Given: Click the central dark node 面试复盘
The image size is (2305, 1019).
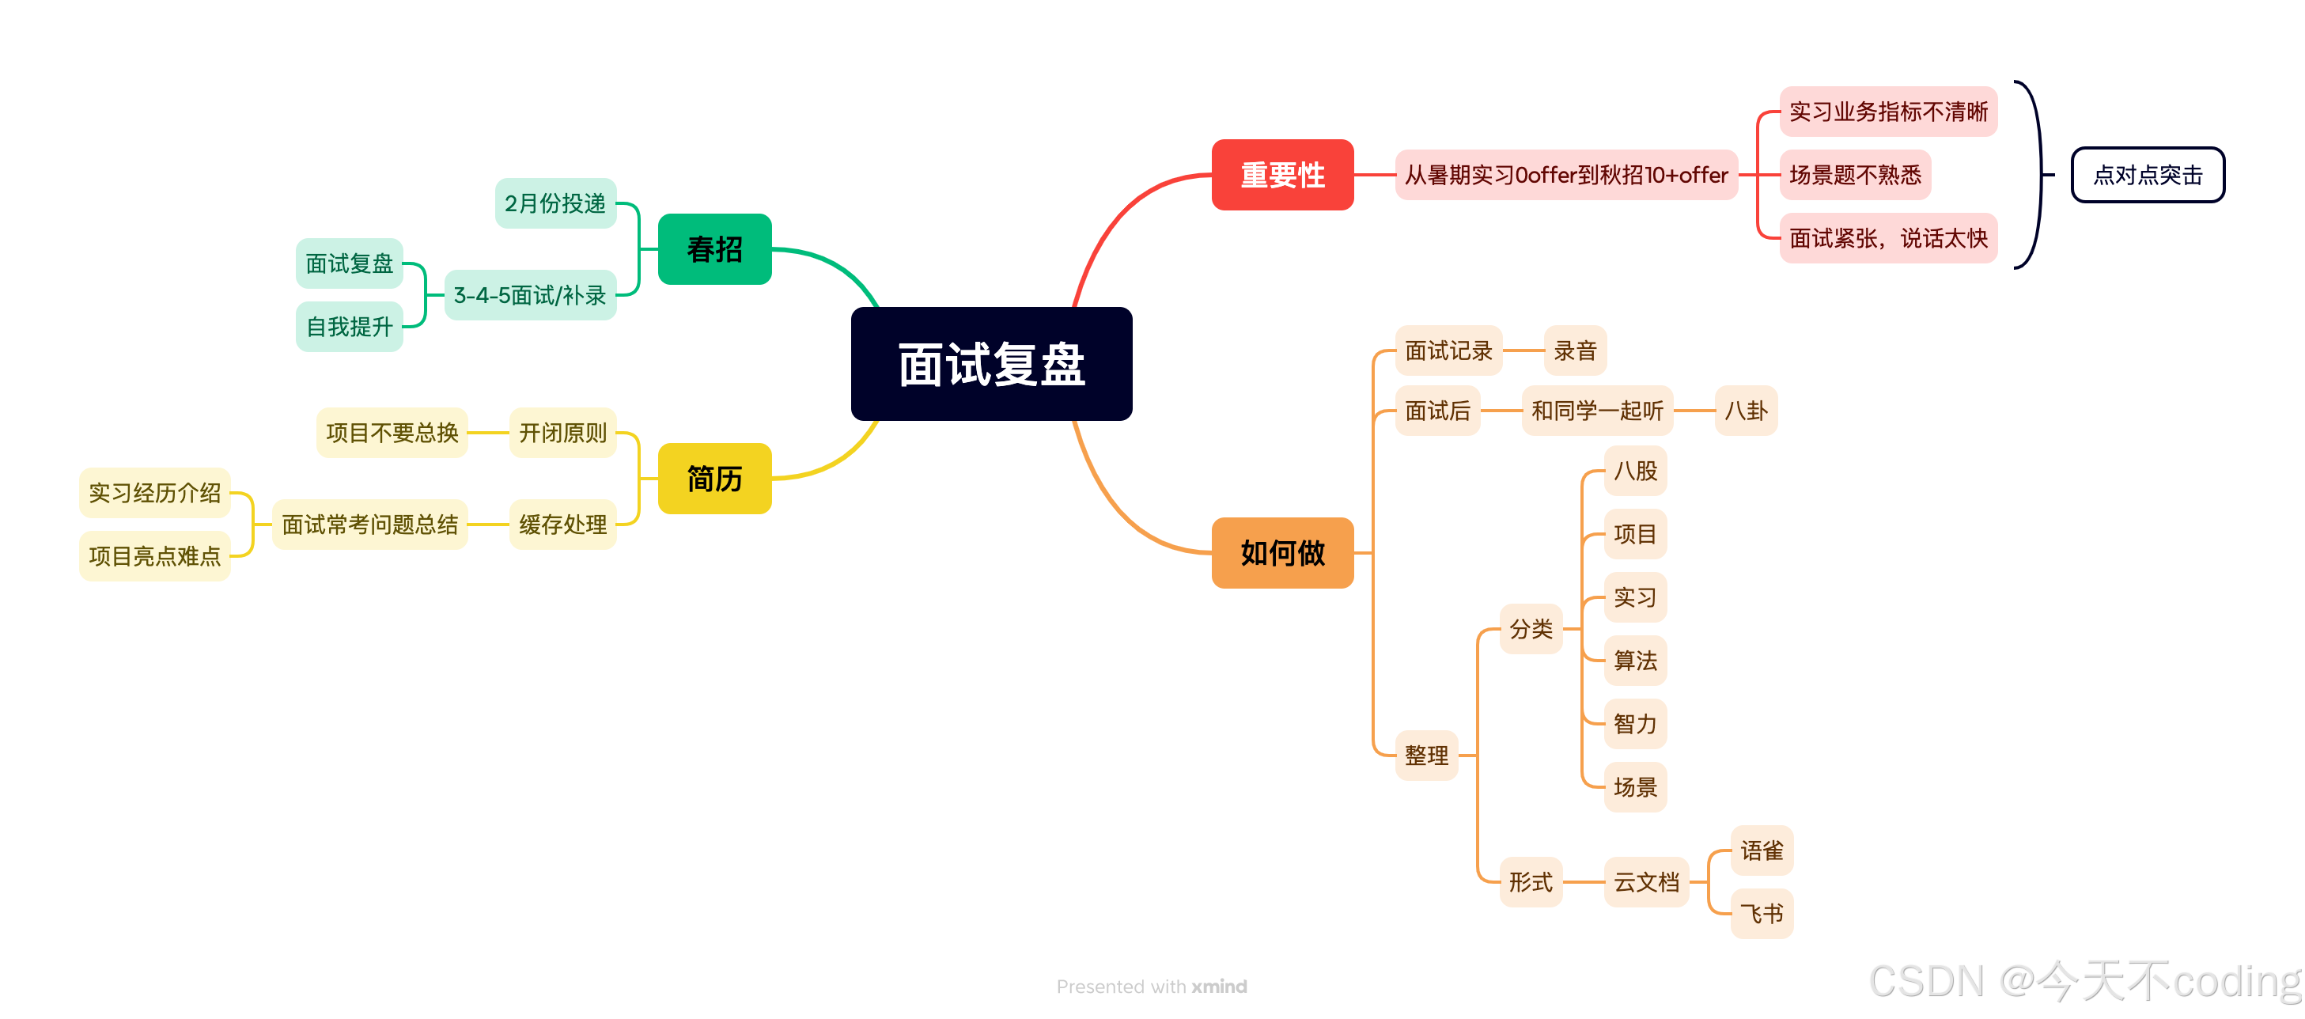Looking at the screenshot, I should (990, 364).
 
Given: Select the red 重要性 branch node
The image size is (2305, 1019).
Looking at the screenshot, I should (1281, 175).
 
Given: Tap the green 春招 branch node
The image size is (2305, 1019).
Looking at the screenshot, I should (714, 248).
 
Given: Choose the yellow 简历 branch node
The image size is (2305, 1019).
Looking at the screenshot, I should (714, 479).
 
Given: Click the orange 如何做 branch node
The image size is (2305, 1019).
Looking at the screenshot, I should (1281, 553).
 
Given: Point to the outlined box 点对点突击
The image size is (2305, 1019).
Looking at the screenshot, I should (2147, 176).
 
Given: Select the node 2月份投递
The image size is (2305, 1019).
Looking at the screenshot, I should (554, 203).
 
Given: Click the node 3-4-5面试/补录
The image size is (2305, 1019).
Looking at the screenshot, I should (530, 295).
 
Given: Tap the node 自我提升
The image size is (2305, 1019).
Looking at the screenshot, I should (349, 327).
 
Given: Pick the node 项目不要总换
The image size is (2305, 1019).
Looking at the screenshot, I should (392, 433).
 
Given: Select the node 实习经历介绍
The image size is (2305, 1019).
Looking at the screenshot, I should (155, 493).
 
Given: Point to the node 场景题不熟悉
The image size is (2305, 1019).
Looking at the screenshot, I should (1854, 175).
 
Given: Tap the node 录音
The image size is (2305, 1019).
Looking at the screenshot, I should (1575, 350).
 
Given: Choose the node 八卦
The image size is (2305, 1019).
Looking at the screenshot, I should (1745, 411).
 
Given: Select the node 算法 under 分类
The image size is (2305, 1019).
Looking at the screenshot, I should (1635, 661).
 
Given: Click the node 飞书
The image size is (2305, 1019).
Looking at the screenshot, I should (1761, 914).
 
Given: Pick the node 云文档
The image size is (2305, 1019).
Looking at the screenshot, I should (1645, 882).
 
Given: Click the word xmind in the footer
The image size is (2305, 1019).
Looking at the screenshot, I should (1219, 986).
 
